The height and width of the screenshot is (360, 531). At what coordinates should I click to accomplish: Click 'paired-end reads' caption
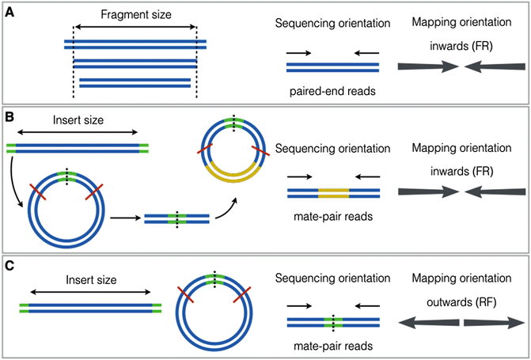click(x=332, y=90)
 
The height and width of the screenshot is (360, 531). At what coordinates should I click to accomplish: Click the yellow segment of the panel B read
click(x=333, y=191)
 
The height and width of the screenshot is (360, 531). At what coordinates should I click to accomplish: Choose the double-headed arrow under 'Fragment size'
click(x=135, y=27)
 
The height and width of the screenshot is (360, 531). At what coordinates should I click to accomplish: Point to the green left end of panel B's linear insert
click(x=10, y=146)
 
